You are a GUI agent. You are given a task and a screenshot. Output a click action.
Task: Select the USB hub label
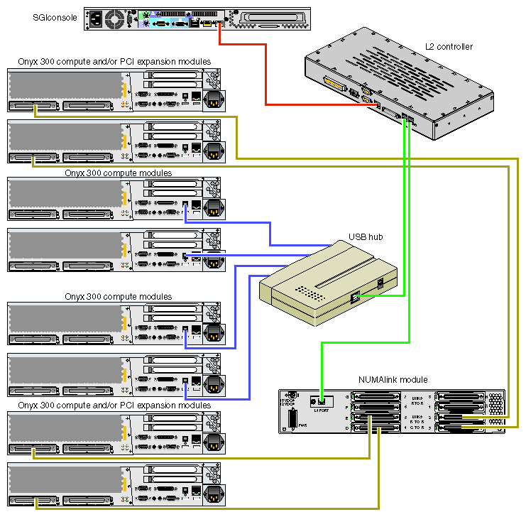(366, 236)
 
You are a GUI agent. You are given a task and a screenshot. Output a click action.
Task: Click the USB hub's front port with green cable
(356, 298)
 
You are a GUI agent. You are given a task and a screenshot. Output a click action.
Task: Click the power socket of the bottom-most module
(214, 494)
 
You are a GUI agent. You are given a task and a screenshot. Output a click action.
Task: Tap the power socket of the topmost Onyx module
(214, 101)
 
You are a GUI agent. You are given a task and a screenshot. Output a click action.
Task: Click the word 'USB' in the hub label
(357, 236)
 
